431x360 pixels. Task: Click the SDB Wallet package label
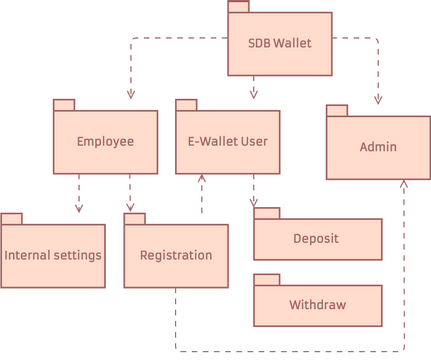(x=279, y=44)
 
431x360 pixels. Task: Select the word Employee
(x=105, y=141)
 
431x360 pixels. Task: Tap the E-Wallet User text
(x=227, y=141)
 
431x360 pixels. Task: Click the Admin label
(x=378, y=147)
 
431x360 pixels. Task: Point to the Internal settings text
(x=53, y=255)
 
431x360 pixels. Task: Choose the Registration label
(x=176, y=255)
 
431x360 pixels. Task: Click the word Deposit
(x=316, y=239)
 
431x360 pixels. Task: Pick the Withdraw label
(x=316, y=305)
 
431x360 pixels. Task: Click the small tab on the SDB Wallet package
(x=238, y=7)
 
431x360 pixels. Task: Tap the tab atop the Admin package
(x=337, y=110)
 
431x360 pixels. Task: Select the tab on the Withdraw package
(x=265, y=279)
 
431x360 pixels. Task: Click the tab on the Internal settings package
(x=12, y=218)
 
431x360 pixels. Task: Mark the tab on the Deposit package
(x=265, y=212)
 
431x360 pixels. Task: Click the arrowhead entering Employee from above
(x=130, y=94)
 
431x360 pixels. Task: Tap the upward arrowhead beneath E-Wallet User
(x=202, y=180)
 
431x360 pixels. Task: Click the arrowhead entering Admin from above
(x=378, y=99)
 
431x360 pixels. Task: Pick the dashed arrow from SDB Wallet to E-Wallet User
(x=253, y=87)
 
